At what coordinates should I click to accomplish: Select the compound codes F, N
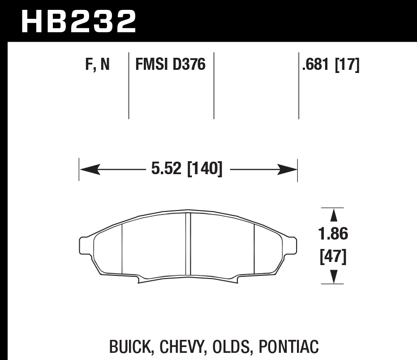pos(97,65)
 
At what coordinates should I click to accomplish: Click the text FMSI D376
pos(170,65)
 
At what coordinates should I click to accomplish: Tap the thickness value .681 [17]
pos(331,65)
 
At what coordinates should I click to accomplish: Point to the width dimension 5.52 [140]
pos(187,170)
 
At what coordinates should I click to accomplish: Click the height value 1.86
pos(333,234)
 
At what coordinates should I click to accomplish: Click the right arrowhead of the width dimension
pos(287,170)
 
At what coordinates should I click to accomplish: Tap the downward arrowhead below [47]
pos(333,277)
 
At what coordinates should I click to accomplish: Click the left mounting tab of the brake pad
pos(83,245)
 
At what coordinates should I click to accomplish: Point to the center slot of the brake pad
pos(188,244)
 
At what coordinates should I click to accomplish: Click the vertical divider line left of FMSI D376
pos(129,85)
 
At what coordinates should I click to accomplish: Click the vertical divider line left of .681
pos(299,85)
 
